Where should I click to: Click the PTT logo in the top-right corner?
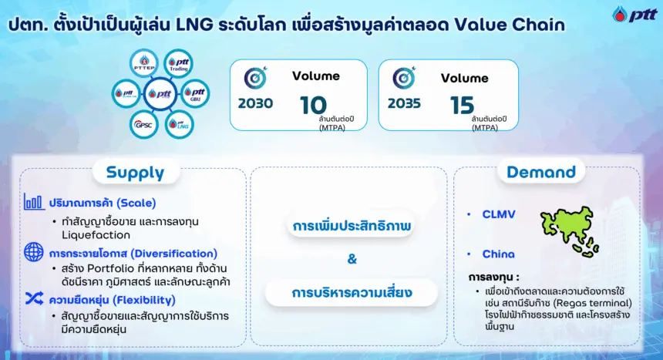[x=634, y=14]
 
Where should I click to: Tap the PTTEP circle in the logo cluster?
[x=144, y=63]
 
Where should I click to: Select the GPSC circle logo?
[x=143, y=124]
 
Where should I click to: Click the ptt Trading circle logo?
[x=178, y=64]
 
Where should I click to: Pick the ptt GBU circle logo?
[x=195, y=93]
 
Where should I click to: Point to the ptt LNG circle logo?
[x=180, y=124]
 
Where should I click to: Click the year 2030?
[x=255, y=103]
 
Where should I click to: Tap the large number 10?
[x=313, y=105]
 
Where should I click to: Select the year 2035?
[x=404, y=103]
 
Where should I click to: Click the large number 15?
[x=462, y=106]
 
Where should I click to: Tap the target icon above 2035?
[x=404, y=78]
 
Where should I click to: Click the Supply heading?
[x=136, y=173]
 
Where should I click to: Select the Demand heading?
[x=541, y=172]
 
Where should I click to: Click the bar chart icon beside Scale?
[x=34, y=202]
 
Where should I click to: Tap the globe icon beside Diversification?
[x=34, y=252]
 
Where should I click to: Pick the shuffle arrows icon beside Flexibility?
[x=34, y=298]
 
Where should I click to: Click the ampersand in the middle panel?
[x=352, y=259]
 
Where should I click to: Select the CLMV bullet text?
[x=499, y=214]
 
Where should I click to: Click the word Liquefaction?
[x=96, y=235]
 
